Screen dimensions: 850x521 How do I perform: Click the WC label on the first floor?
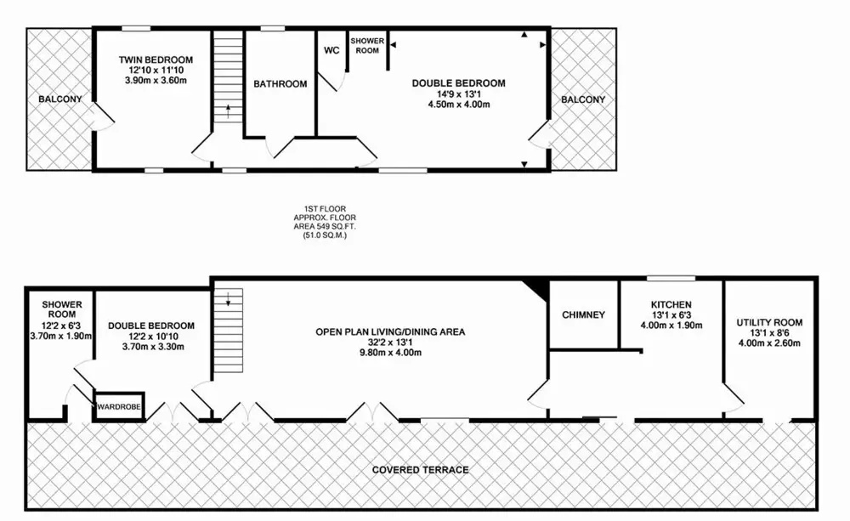[331, 50]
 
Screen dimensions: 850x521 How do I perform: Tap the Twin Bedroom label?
[156, 59]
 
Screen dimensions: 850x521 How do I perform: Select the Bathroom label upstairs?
[280, 84]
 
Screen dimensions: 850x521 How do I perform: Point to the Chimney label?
[583, 315]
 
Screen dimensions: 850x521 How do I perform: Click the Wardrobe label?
[119, 406]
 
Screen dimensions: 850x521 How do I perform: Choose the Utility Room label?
[769, 323]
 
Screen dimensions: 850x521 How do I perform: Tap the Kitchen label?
[671, 304]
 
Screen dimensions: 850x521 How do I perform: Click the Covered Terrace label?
[420, 470]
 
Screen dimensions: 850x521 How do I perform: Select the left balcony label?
[60, 99]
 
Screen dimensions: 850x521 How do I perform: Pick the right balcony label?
[583, 99]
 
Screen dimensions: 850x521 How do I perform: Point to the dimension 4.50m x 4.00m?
[459, 104]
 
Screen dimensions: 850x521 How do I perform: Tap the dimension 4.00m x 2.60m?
[769, 343]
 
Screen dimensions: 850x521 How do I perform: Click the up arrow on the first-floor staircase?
[228, 111]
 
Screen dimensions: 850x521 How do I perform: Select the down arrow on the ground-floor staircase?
[228, 298]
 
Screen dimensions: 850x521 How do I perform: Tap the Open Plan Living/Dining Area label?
[390, 331]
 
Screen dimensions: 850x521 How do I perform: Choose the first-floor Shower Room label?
[367, 46]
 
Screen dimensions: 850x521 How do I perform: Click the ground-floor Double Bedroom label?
[151, 326]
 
